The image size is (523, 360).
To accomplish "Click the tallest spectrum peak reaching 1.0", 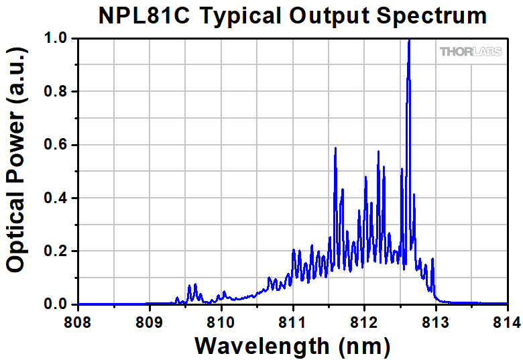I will pyautogui.click(x=409, y=42).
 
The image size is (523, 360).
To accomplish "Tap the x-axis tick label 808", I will pyautogui.click(x=78, y=322).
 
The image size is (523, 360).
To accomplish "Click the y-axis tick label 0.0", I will pyautogui.click(x=58, y=304).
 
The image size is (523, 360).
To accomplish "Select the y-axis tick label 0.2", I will pyautogui.click(x=58, y=251).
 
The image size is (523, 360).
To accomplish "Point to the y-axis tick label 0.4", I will pyautogui.click(x=58, y=198).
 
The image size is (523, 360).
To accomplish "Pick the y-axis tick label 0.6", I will pyautogui.click(x=58, y=145).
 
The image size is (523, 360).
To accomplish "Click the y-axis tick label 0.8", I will pyautogui.click(x=58, y=92).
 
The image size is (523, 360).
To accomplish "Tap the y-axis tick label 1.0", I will pyautogui.click(x=58, y=39).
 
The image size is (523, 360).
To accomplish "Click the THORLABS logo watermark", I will pyautogui.click(x=471, y=52).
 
